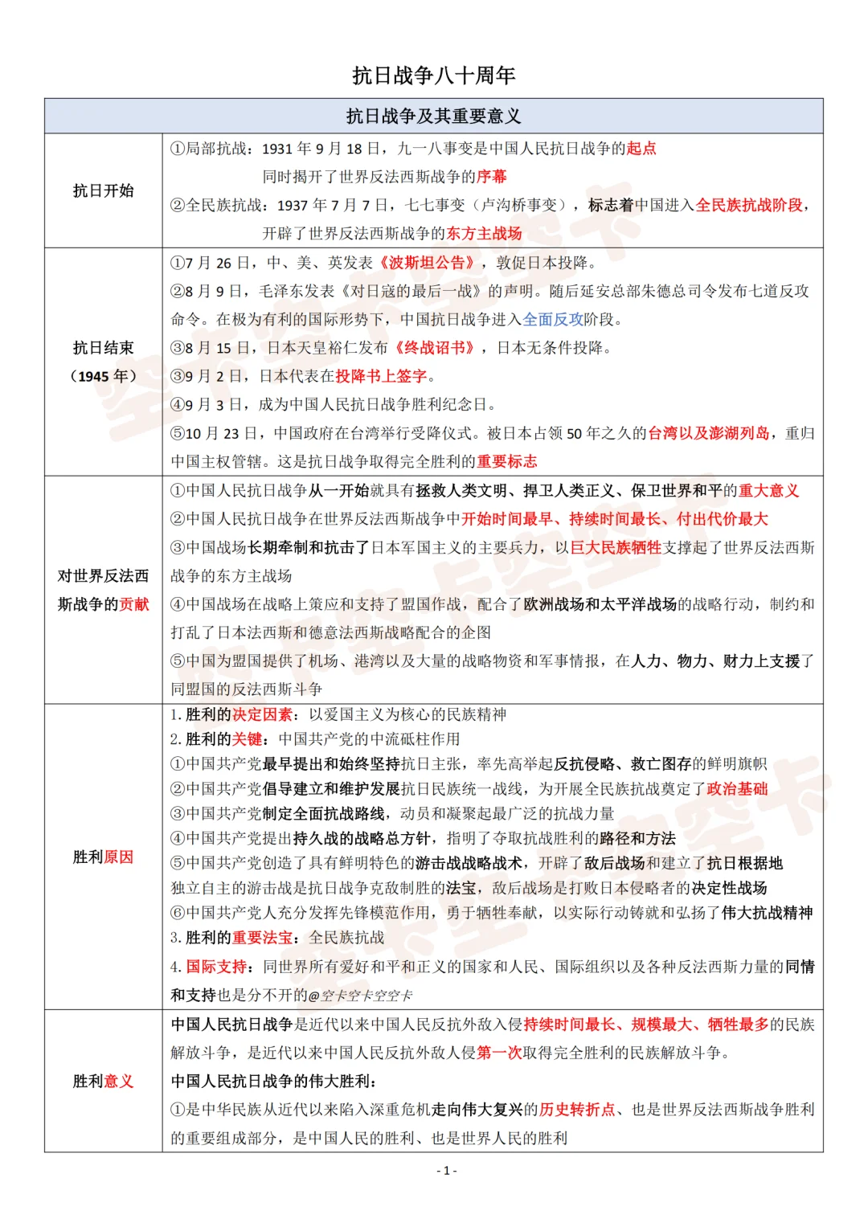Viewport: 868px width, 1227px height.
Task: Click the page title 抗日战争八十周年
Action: coord(433,76)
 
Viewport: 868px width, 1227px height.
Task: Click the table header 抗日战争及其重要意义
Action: coord(433,117)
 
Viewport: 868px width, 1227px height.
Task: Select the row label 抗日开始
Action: coord(103,190)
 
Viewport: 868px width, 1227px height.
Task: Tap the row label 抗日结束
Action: coord(103,348)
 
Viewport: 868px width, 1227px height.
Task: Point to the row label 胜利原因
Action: coord(103,857)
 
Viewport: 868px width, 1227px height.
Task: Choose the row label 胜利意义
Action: coord(103,1082)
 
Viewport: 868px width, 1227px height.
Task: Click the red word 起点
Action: coord(641,149)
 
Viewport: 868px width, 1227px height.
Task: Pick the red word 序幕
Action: coord(492,177)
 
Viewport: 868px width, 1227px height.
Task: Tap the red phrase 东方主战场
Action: coord(484,234)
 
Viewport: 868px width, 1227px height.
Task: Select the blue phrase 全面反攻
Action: coord(553,320)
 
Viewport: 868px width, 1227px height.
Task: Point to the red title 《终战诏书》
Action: coord(435,348)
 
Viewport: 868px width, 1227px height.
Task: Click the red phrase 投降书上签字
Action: coord(381,376)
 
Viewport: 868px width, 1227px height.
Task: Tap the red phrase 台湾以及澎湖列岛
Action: coord(708,434)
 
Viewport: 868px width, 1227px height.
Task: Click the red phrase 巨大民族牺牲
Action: coord(615,548)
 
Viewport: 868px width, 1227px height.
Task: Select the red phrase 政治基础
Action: coord(737,789)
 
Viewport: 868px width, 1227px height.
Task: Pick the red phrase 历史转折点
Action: coord(577,1110)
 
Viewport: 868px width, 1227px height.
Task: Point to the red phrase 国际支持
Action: coord(216,967)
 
